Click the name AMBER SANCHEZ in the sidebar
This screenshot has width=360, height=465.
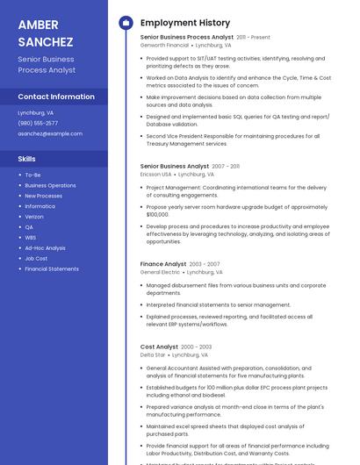pyautogui.click(x=45, y=33)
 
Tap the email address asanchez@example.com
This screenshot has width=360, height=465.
pyautogui.click(x=50, y=133)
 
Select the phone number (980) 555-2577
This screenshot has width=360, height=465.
pyautogui.click(x=38, y=124)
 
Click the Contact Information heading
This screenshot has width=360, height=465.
pyautogui.click(x=56, y=97)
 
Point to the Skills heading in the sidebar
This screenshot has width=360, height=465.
pyautogui.click(x=27, y=159)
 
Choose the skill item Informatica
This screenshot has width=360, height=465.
pyautogui.click(x=40, y=206)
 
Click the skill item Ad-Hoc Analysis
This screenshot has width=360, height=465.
pyautogui.click(x=45, y=248)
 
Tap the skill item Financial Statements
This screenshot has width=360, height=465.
pyautogui.click(x=51, y=268)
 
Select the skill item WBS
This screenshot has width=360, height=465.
pyautogui.click(x=31, y=237)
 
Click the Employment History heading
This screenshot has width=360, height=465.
pyautogui.click(x=185, y=23)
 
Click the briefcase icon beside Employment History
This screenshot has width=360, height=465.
pyautogui.click(x=126, y=23)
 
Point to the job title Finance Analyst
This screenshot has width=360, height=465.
pyautogui.click(x=163, y=264)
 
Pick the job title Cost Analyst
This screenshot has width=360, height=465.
pyautogui.click(x=159, y=347)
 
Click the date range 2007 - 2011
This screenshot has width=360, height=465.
pyautogui.click(x=226, y=166)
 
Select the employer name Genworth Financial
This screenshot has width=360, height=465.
pyautogui.click(x=164, y=45)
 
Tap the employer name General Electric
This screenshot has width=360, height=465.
pyautogui.click(x=160, y=272)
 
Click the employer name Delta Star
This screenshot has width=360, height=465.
pyautogui.click(x=153, y=355)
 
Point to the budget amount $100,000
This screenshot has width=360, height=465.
pyautogui.click(x=157, y=214)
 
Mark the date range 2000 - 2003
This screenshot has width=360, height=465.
pyautogui.click(x=197, y=347)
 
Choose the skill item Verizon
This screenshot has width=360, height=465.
pyautogui.click(x=34, y=217)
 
